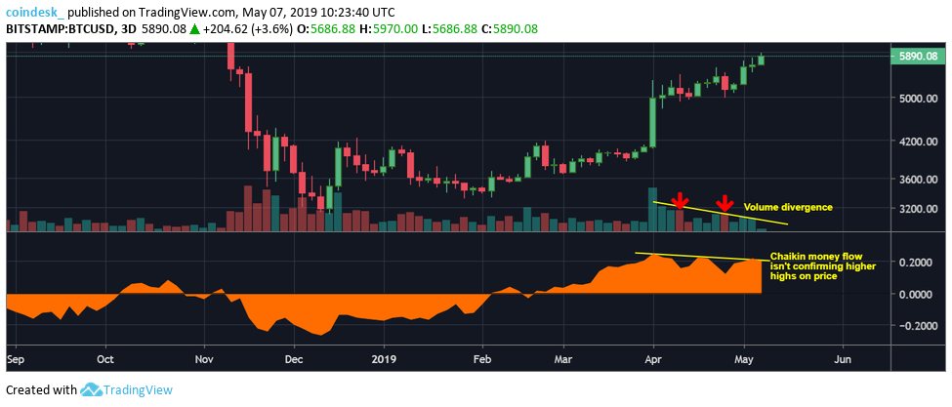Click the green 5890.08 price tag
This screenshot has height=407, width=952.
point(918,57)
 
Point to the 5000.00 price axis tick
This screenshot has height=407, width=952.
point(917,99)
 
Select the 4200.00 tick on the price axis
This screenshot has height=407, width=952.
point(917,142)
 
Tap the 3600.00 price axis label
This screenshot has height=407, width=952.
point(917,181)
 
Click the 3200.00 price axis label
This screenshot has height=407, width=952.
point(917,210)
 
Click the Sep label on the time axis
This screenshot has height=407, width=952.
point(16,358)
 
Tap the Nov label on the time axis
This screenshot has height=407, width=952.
point(204,358)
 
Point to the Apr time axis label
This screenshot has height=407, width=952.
point(652,358)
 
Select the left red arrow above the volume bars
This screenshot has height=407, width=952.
point(679,202)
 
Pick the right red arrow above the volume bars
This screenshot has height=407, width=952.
point(724,202)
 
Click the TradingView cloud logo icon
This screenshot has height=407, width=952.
point(92,390)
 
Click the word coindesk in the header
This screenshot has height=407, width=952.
point(31,13)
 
